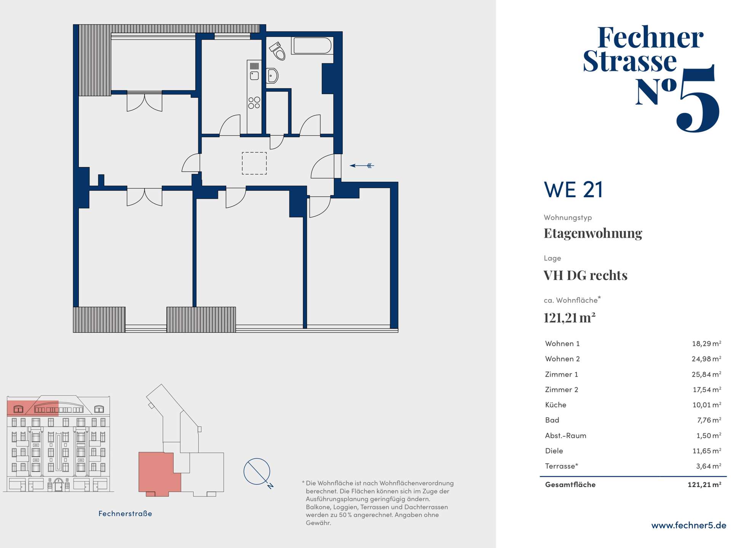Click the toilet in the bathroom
(278, 51)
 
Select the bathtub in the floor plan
(312, 45)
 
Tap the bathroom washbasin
(272, 76)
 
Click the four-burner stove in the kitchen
(254, 103)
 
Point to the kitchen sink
(254, 75)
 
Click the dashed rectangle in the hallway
(254, 163)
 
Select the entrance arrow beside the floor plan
(362, 165)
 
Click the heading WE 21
(573, 190)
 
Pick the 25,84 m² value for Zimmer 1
(706, 374)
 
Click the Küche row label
(555, 405)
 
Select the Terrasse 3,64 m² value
(709, 466)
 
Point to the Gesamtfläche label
(570, 485)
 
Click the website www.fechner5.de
(689, 526)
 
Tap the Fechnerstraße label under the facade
(125, 514)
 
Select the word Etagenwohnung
(593, 233)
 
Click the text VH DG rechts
(586, 275)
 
